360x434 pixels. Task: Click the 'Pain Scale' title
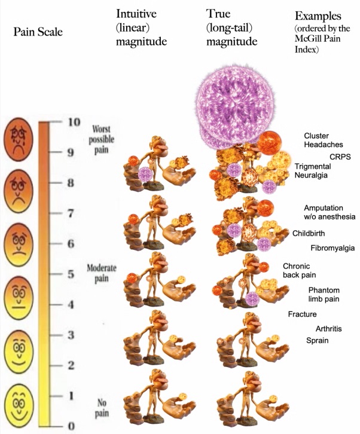coord(37,31)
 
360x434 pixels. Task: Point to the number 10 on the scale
coord(73,122)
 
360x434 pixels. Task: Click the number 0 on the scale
coord(71,426)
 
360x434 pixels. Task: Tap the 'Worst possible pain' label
coord(103,139)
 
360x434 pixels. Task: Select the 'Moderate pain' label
coord(102,273)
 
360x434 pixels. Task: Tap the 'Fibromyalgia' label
coord(332,247)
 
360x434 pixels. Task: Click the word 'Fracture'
coord(302,314)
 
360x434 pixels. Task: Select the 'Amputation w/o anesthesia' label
coord(330,212)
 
